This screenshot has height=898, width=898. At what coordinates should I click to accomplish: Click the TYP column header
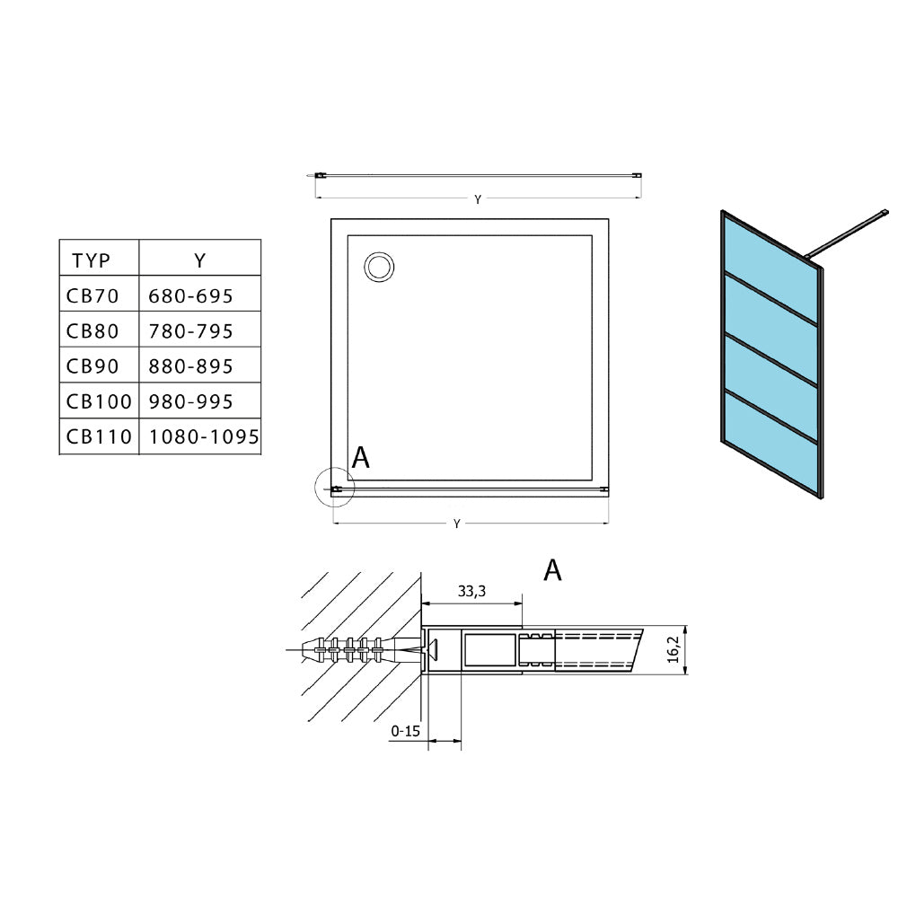[91, 260]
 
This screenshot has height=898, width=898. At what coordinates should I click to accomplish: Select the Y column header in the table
[199, 260]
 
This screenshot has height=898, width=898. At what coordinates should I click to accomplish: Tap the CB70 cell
[92, 296]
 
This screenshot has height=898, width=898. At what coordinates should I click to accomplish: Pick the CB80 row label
[92, 331]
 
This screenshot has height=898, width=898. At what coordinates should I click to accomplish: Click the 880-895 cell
[190, 366]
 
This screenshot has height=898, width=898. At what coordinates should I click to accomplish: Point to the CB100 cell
[99, 401]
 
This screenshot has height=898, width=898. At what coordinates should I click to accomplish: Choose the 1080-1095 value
[204, 437]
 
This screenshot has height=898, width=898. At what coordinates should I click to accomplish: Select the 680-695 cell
[190, 296]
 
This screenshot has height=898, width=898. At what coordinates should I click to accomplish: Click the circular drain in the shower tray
[379, 267]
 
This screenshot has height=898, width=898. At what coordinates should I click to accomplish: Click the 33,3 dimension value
[472, 591]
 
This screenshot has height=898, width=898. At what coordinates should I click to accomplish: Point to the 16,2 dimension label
[674, 649]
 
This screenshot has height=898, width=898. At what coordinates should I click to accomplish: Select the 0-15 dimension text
[406, 731]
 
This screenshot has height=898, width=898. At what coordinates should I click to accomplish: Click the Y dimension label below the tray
[456, 524]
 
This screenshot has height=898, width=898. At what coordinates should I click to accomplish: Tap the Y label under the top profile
[478, 199]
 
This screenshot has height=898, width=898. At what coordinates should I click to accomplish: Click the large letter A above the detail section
[552, 570]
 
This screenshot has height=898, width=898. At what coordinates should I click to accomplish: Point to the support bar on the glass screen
[847, 233]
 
